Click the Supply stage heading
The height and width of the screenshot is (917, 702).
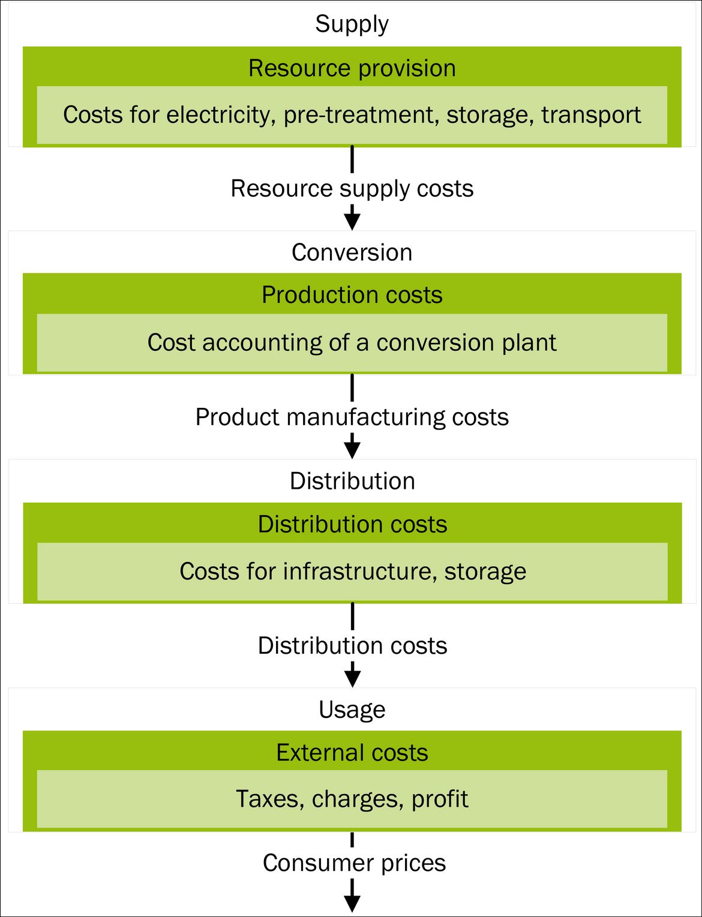coord(352,24)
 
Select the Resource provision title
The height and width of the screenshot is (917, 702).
coord(352,68)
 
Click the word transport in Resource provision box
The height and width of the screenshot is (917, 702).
coord(591,115)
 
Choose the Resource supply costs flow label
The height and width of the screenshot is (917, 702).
coord(352,188)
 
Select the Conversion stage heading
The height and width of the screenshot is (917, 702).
coord(352,252)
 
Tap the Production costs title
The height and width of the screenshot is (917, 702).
coord(352,295)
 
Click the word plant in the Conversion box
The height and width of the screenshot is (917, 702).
coord(529,342)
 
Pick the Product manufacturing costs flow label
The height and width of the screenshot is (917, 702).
coord(352,417)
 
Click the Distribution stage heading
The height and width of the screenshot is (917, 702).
coord(352,481)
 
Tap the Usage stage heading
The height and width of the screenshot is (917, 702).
coord(352,709)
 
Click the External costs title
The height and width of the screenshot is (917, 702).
coord(352,753)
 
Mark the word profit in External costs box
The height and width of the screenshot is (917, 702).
coord(440,799)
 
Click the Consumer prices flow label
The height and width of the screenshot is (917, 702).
coord(354,863)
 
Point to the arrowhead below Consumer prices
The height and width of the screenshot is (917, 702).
coord(352,903)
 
